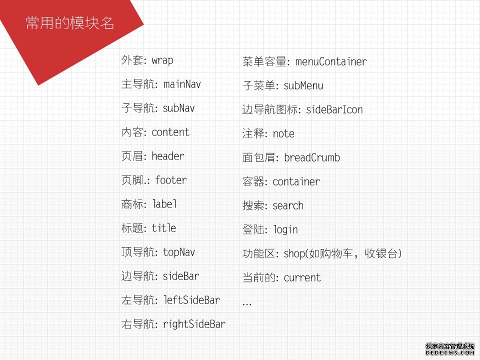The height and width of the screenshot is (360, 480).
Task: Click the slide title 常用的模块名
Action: click(70, 23)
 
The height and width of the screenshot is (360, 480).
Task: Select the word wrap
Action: click(162, 60)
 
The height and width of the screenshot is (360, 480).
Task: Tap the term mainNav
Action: click(182, 83)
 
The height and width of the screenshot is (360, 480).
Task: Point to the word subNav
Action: click(179, 108)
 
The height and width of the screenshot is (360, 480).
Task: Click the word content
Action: click(170, 132)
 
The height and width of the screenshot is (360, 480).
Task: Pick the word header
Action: click(168, 156)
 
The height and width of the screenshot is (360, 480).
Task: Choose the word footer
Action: click(171, 179)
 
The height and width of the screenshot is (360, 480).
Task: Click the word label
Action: click(164, 203)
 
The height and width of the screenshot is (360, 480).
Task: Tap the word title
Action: click(164, 228)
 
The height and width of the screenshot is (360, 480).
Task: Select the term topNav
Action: click(179, 252)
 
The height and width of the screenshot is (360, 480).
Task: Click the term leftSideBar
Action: click(191, 299)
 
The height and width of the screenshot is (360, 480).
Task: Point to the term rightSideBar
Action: click(194, 324)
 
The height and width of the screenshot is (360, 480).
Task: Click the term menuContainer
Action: click(331, 61)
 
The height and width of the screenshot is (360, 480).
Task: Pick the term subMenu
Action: click(303, 85)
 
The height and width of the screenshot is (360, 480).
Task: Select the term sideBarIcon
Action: click(334, 109)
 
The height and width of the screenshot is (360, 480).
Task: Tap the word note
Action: click(283, 133)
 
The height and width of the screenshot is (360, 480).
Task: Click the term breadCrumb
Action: click(312, 157)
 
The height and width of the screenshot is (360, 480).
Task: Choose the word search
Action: click(288, 205)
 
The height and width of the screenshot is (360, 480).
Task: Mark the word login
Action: click(285, 229)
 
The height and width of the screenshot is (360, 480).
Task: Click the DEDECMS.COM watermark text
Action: click(449, 352)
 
